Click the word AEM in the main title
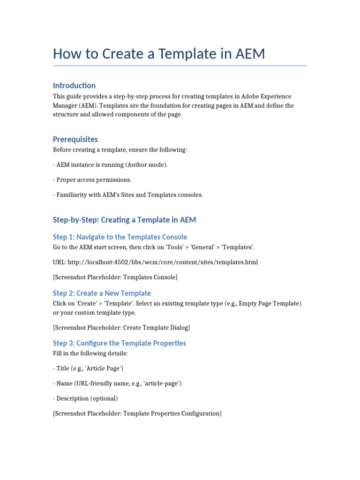click(248, 54)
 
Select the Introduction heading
click(74, 85)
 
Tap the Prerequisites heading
click(75, 139)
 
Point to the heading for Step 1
click(120, 237)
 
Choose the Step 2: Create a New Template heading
click(102, 293)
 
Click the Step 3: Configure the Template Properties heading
click(120, 343)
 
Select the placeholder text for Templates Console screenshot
click(115, 277)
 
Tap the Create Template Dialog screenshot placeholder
click(121, 328)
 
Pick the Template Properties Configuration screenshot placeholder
click(137, 413)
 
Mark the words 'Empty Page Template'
click(265, 304)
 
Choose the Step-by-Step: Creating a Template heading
click(124, 220)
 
